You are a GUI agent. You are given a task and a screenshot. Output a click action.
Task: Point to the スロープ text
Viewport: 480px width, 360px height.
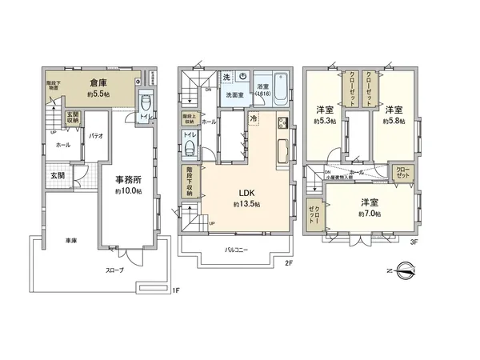(114, 270)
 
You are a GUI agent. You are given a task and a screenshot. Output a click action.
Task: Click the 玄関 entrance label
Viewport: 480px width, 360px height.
(48, 175)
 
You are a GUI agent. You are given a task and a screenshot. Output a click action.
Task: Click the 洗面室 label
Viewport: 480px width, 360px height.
(235, 95)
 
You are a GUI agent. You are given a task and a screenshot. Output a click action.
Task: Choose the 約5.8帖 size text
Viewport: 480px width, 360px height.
(393, 122)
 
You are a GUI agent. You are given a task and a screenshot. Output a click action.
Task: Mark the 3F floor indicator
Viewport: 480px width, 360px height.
(414, 241)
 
